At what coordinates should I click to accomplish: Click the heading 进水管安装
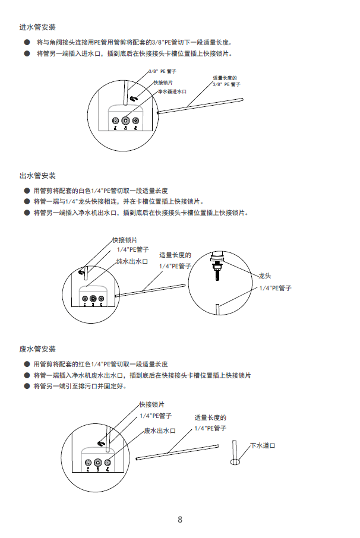tap(38, 27)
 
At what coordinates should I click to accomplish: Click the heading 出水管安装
tap(38, 176)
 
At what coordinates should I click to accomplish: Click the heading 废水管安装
tap(38, 349)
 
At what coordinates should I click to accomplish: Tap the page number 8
tap(180, 520)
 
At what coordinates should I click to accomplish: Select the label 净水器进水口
tap(172, 92)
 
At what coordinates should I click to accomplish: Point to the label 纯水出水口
tap(132, 261)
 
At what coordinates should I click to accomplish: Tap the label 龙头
tap(264, 276)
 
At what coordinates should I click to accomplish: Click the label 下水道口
tap(264, 445)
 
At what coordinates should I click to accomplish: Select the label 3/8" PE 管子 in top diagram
tap(162, 71)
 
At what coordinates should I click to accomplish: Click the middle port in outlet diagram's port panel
tap(93, 299)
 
